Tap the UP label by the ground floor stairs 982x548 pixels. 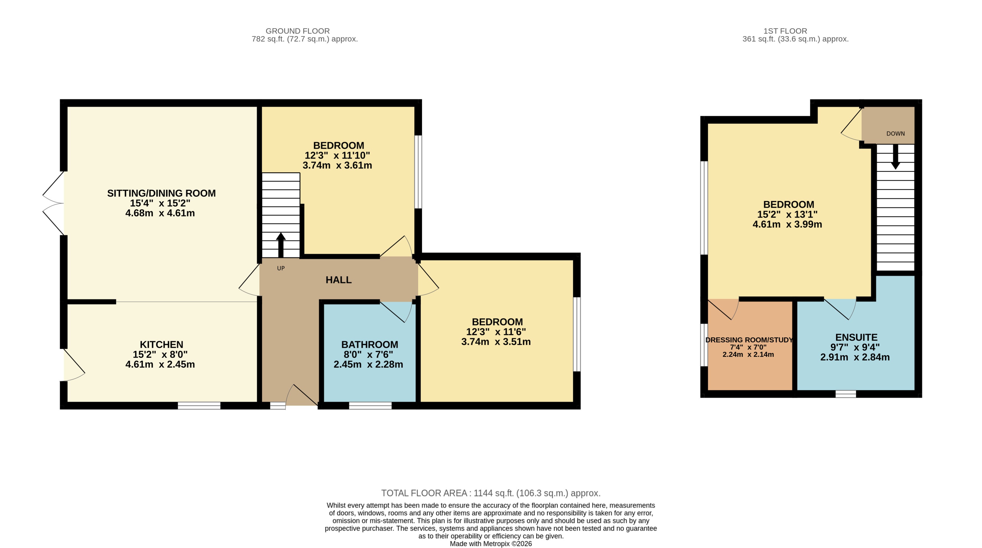click(281, 268)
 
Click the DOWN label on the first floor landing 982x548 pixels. click(895, 133)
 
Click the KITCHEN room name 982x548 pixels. click(161, 344)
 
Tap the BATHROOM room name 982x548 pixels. click(370, 344)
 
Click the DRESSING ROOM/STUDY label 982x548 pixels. click(749, 340)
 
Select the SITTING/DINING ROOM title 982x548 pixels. click(161, 193)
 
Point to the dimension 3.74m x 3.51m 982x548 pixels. click(495, 342)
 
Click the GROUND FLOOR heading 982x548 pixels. click(297, 31)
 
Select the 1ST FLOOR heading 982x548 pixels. click(785, 31)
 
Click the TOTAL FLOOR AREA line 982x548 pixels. click(491, 493)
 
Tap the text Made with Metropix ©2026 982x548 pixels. click(491, 544)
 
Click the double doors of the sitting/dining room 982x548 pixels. click(53, 203)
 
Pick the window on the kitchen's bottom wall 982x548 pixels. click(199, 405)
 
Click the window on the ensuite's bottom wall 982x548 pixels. click(846, 394)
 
